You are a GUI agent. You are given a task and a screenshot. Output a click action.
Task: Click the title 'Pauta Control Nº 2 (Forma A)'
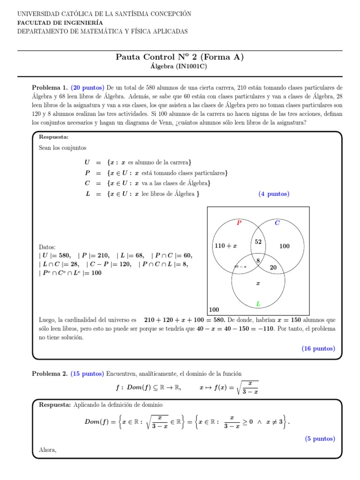(180, 57)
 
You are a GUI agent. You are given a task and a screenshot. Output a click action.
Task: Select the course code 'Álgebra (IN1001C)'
(180, 67)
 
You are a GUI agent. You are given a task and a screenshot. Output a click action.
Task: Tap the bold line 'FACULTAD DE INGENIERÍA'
(60, 22)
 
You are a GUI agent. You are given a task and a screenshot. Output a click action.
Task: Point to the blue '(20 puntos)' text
(88, 88)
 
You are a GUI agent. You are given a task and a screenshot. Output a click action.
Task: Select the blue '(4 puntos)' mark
(274, 194)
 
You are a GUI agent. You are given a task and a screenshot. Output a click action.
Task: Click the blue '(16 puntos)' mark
(318, 348)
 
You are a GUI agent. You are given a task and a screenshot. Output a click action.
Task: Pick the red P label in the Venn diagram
(239, 223)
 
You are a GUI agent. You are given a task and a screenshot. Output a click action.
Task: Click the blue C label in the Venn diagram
(277, 223)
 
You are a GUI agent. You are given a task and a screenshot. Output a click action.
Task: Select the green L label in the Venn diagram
(258, 304)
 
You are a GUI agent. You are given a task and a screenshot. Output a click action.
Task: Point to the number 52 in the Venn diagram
(258, 241)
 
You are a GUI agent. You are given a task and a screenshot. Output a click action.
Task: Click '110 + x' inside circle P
(225, 246)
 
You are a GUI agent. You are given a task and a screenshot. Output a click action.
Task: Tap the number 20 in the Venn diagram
(273, 267)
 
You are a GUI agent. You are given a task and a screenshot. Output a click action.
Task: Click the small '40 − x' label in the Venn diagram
(240, 267)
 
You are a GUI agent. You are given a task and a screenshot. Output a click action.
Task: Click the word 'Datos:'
(47, 247)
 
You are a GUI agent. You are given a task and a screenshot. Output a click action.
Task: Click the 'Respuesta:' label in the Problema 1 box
(53, 137)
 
